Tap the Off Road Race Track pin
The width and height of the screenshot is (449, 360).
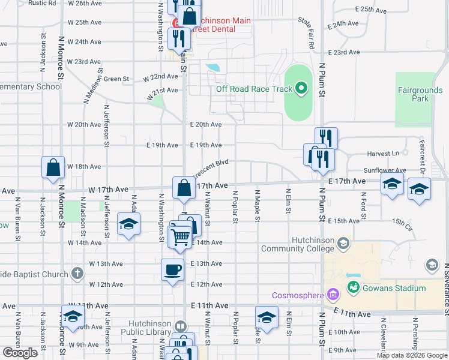pyautogui.click(x=301, y=89)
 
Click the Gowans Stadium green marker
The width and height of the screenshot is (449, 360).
pyautogui.click(x=354, y=288)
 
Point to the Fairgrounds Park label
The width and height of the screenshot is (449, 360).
pyautogui.click(x=420, y=94)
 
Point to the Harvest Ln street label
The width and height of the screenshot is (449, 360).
pyautogui.click(x=387, y=154)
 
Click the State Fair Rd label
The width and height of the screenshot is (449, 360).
pyautogui.click(x=306, y=33)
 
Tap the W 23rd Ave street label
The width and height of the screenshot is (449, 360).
pyautogui.click(x=84, y=61)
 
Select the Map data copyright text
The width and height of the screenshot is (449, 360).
pyautogui.click(x=411, y=355)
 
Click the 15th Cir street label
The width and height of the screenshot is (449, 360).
pyautogui.click(x=402, y=224)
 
